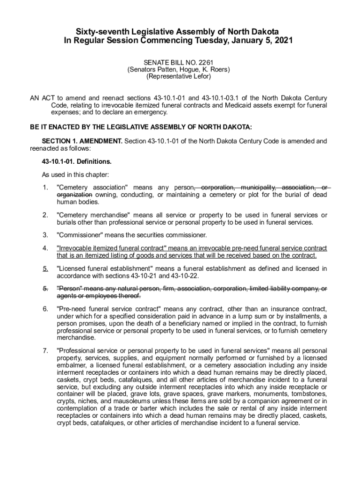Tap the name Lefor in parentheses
pos(201,76)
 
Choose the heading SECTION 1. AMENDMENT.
pos(82,141)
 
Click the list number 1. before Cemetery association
pos(45,188)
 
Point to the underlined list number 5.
pos(45,269)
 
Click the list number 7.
pos(45,350)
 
